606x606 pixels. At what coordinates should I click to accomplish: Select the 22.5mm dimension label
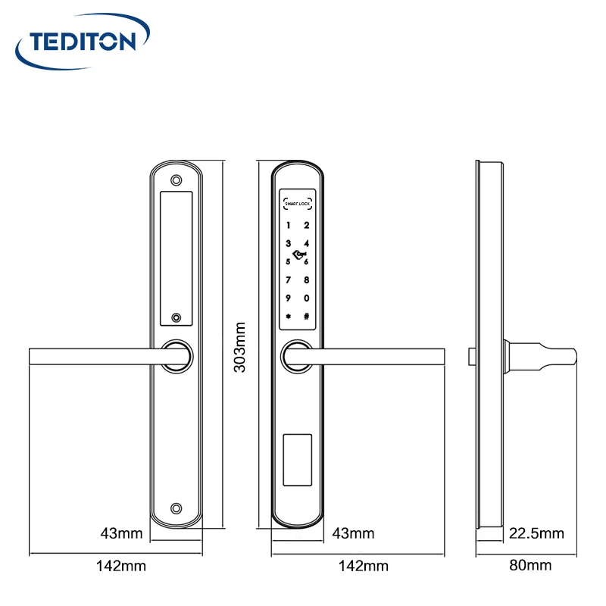click(536, 533)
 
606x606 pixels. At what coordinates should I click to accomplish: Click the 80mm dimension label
click(530, 565)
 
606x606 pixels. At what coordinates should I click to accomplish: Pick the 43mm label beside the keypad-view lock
click(354, 533)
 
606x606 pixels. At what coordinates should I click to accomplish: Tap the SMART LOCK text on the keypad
click(298, 203)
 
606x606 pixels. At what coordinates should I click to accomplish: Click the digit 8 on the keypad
click(307, 280)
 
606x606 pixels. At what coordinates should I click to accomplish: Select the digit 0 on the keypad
click(307, 298)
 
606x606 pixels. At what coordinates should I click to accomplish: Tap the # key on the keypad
click(307, 317)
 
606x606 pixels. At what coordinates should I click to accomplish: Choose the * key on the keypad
click(289, 317)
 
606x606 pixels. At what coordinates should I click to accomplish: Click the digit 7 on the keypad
click(289, 280)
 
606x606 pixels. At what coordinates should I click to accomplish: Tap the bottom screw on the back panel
click(176, 509)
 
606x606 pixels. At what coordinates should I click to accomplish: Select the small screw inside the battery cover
click(176, 319)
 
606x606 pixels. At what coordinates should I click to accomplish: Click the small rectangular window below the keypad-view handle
click(297, 460)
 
